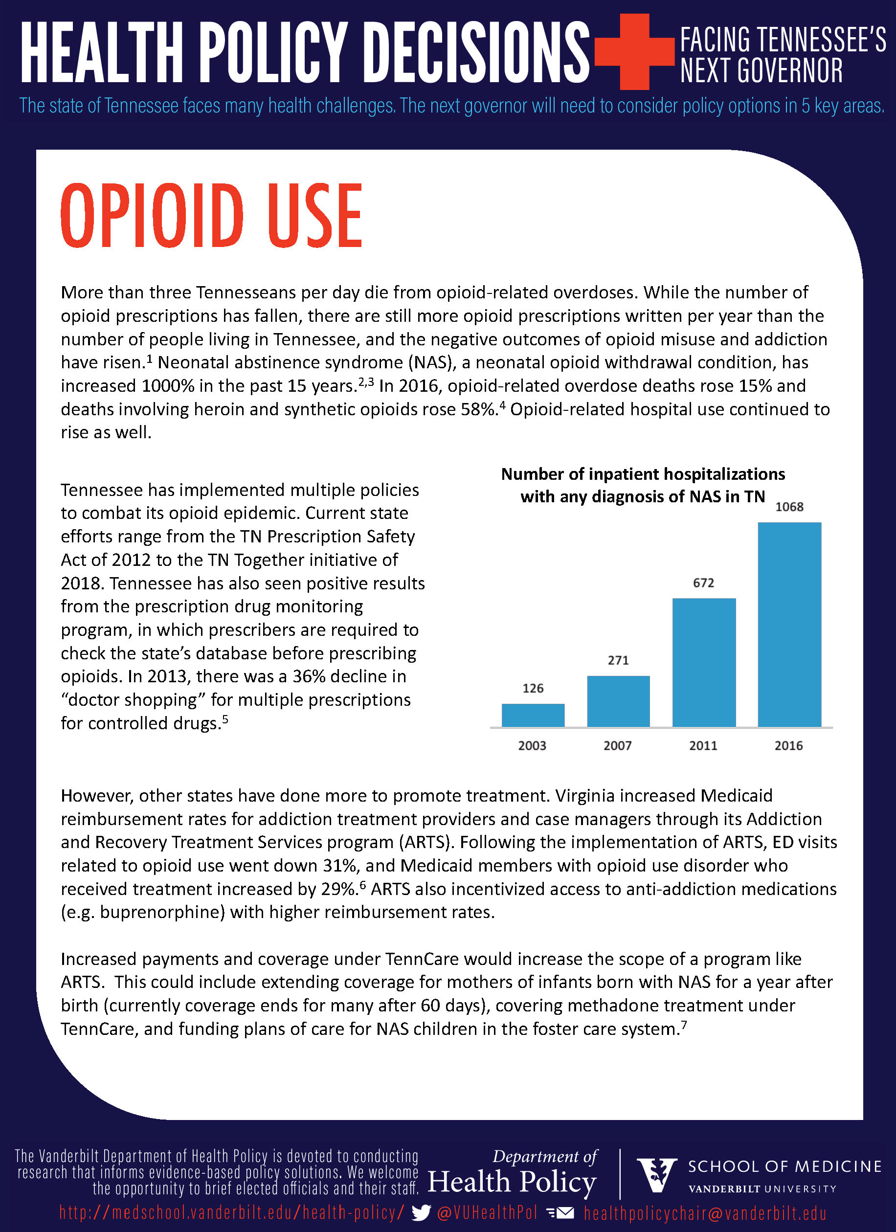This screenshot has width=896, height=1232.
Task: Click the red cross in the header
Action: point(634,52)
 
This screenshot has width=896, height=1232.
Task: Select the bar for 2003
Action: point(533,715)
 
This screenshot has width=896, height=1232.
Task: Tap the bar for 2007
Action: point(618,701)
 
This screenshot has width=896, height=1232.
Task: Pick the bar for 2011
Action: point(704,662)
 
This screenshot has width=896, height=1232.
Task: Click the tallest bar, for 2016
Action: point(789,624)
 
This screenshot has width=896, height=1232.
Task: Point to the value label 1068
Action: point(789,507)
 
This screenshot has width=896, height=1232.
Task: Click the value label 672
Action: point(703,583)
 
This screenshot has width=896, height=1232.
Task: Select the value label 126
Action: point(533,688)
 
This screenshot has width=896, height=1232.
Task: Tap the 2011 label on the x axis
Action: point(703,745)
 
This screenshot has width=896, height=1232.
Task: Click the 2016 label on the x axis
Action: point(788,745)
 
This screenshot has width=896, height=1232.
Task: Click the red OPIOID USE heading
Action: point(211,216)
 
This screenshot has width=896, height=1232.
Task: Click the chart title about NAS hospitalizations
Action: point(643,485)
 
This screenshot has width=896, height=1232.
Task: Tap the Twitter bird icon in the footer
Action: point(421,1212)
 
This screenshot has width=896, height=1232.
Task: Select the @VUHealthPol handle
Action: point(487,1212)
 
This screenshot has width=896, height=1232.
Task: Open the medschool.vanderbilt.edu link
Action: point(232,1212)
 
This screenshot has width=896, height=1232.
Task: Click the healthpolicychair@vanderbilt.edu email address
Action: point(705,1212)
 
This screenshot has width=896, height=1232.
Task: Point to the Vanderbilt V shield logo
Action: point(656,1175)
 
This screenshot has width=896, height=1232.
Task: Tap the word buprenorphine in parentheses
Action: point(162,912)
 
